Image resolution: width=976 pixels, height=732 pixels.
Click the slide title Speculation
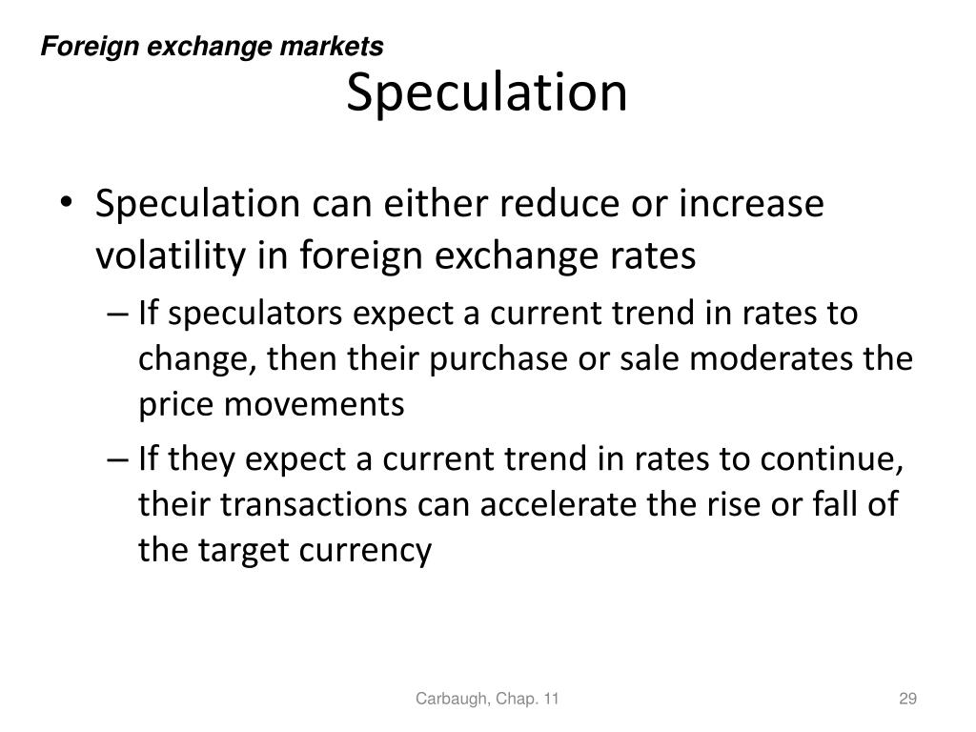click(486, 93)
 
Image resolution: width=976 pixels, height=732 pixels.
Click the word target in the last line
click(229, 550)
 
